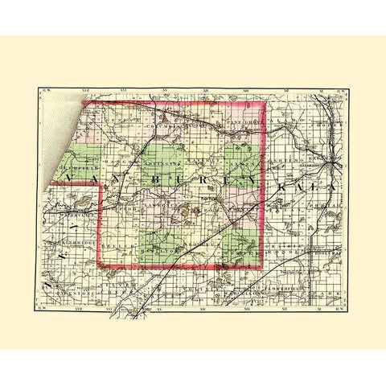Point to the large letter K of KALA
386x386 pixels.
pyautogui.click(x=285, y=187)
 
